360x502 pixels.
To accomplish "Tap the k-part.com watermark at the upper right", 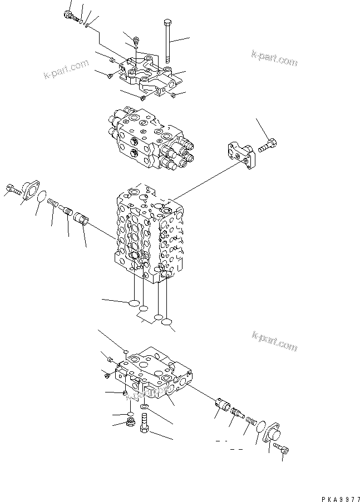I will point(274,58).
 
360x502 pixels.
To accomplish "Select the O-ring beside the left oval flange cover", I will point(42,196).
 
